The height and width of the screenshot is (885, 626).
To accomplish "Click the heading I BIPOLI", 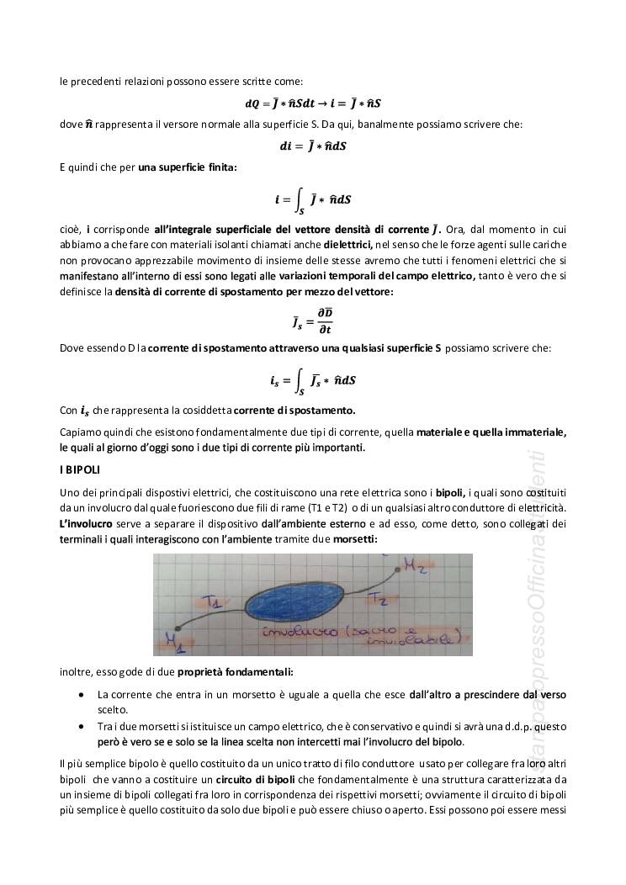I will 80,469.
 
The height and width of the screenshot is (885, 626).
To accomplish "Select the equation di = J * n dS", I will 313,146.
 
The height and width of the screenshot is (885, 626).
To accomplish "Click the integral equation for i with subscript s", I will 313,379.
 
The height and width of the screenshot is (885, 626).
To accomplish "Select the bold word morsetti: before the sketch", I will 357,538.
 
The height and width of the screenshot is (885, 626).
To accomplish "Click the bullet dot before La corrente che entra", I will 80,696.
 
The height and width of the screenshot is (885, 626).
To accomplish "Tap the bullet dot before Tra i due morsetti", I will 80,725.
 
